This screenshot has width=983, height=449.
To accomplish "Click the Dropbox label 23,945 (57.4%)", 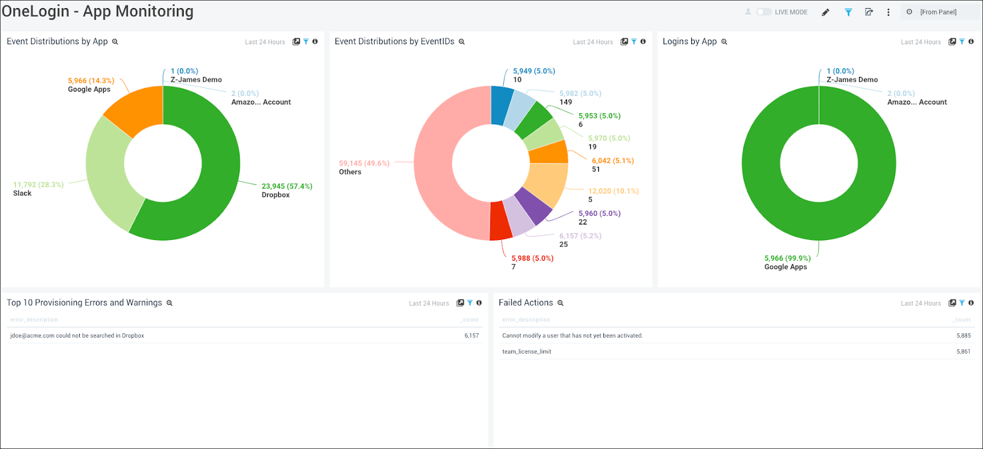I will pyautogui.click(x=287, y=186).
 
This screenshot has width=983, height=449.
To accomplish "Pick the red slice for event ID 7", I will pyautogui.click(x=501, y=221).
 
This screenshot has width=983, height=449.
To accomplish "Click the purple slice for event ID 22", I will pyautogui.click(x=532, y=207).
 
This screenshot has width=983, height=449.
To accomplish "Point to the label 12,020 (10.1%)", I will pyautogui.click(x=613, y=191).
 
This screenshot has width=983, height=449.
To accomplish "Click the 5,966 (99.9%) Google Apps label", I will pyautogui.click(x=787, y=258).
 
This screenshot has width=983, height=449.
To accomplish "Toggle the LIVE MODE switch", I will pyautogui.click(x=764, y=12).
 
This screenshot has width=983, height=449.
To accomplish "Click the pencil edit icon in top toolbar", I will pyautogui.click(x=825, y=12).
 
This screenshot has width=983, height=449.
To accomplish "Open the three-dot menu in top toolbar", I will pyautogui.click(x=888, y=12).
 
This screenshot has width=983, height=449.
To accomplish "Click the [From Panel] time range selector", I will pyautogui.click(x=938, y=12).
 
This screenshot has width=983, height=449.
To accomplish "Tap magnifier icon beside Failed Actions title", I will pyautogui.click(x=560, y=303).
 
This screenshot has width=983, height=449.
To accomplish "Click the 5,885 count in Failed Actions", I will pyautogui.click(x=963, y=336).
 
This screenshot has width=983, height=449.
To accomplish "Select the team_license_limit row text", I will pyautogui.click(x=527, y=352).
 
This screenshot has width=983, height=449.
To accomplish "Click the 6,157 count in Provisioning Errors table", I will pyautogui.click(x=471, y=336).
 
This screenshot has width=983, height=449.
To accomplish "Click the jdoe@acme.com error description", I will pyautogui.click(x=77, y=336).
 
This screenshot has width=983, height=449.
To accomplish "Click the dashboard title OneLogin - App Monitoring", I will pyautogui.click(x=97, y=12).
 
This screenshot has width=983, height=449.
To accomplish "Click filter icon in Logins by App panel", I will pyautogui.click(x=961, y=42).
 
